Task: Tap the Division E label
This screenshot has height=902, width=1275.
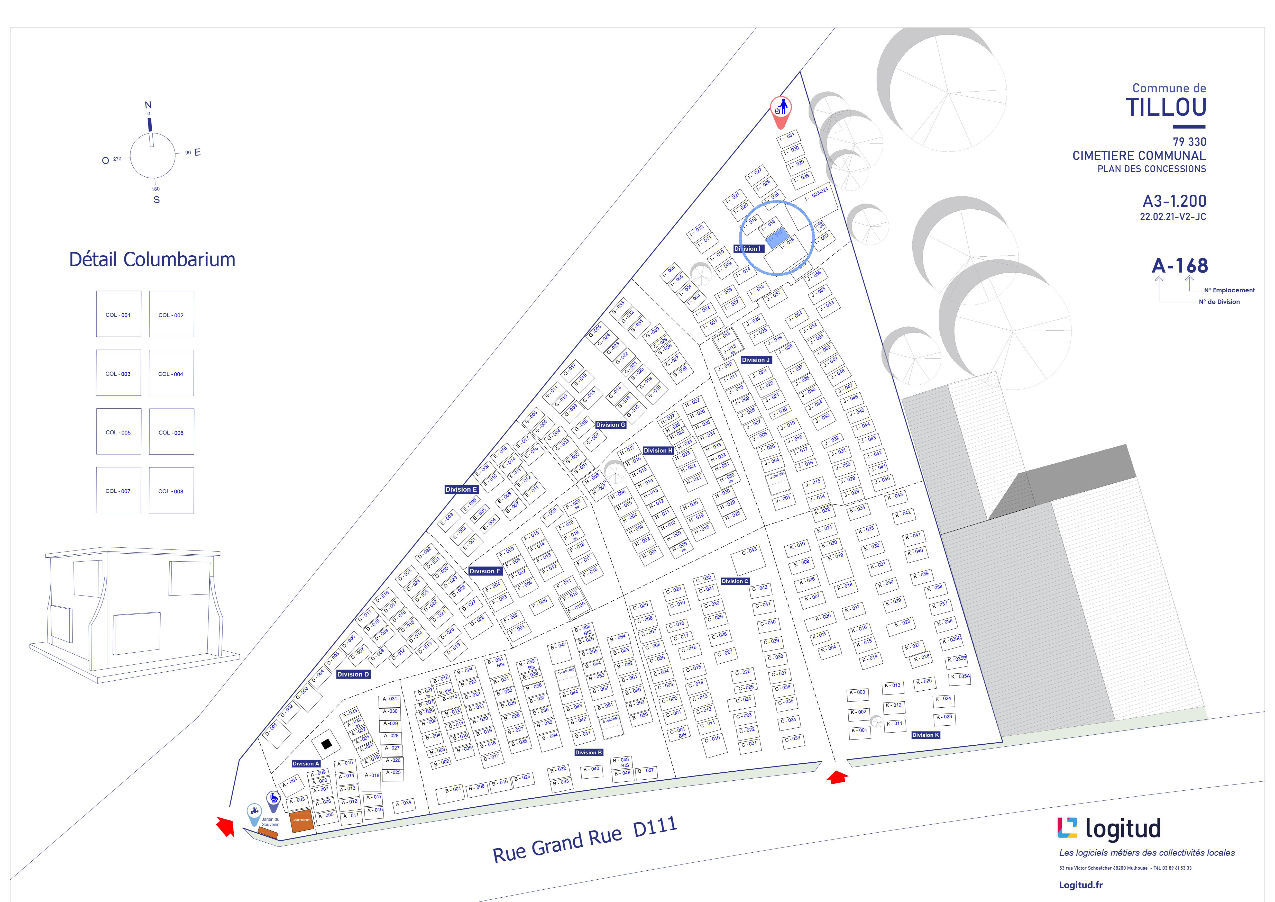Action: pos(461,489)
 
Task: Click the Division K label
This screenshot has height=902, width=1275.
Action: pos(926,735)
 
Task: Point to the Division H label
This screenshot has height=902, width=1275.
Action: pos(658,450)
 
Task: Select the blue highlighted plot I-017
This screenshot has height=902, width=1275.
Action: pos(776,237)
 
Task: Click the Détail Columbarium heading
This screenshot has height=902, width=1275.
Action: pos(152,259)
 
